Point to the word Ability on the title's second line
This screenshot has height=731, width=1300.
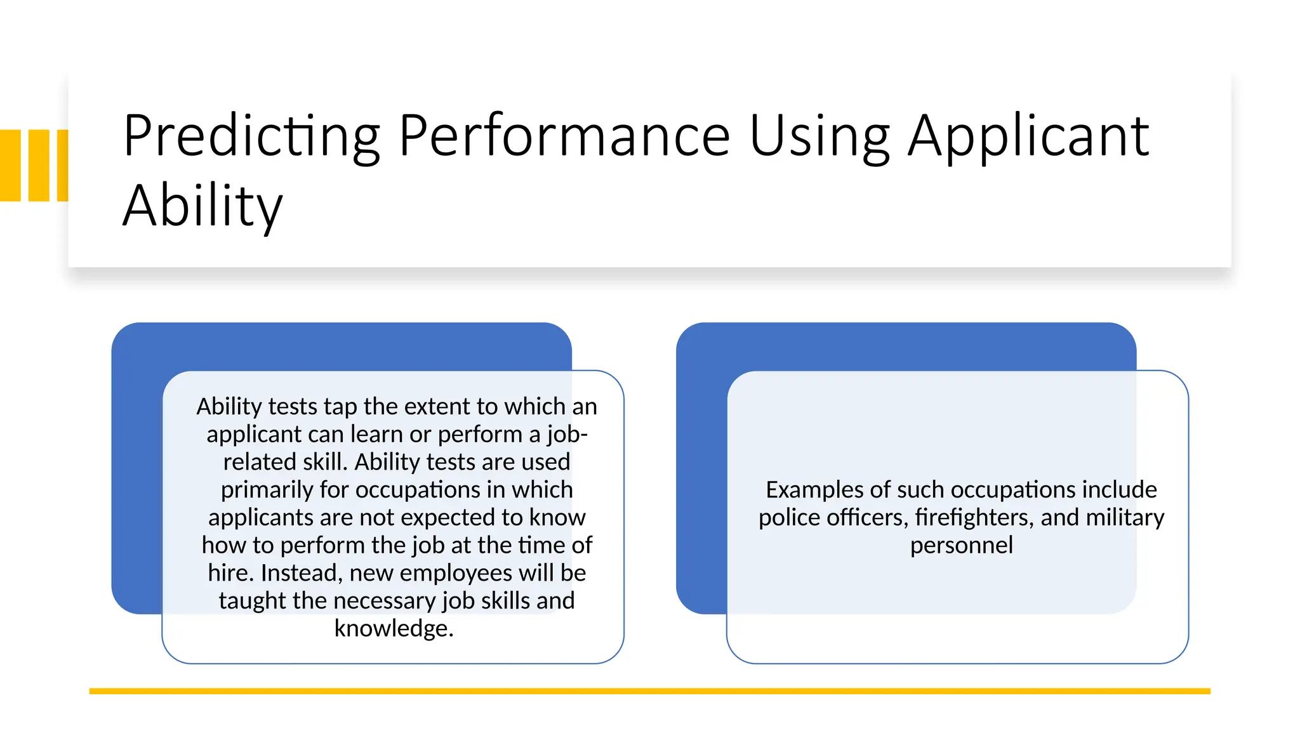(202, 206)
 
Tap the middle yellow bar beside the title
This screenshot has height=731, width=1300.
(39, 166)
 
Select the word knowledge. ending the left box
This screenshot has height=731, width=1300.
(394, 628)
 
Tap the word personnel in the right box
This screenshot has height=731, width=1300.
(961, 546)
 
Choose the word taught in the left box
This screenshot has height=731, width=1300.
(252, 601)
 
